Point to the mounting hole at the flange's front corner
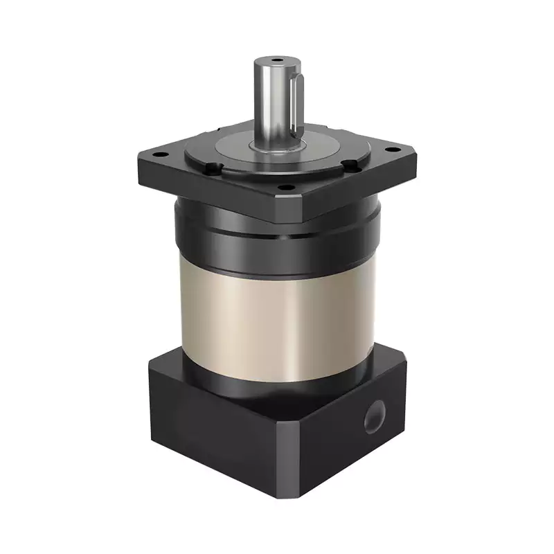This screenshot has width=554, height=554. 282,187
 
